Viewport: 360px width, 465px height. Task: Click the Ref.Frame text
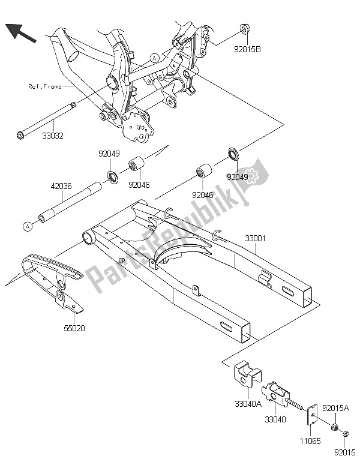click(44, 86)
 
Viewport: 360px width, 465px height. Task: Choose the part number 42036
click(61, 186)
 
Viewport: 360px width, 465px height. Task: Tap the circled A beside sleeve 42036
click(28, 226)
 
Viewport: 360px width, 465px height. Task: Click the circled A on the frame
click(154, 58)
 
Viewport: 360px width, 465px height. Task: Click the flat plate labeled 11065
click(313, 418)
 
